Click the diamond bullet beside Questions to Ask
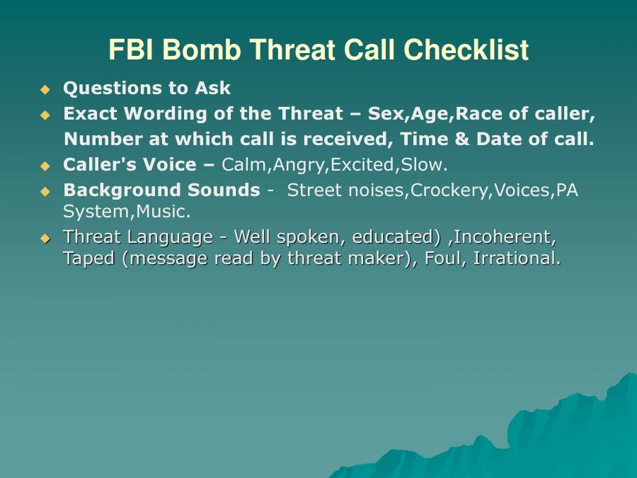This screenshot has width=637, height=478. tap(46, 89)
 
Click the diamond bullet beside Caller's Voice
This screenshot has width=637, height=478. tap(46, 166)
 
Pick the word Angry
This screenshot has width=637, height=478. tap(299, 165)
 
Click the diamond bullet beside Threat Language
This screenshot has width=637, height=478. tap(46, 238)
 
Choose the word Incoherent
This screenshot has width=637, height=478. tap(505, 237)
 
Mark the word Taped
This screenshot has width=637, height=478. tap(89, 259)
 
